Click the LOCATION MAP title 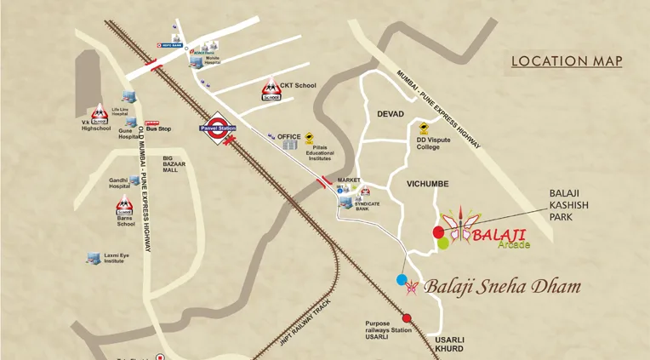click(x=566, y=61)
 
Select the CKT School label click(x=298, y=85)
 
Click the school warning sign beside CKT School click(x=271, y=89)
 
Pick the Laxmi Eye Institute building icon click(x=94, y=257)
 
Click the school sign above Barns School click(x=124, y=205)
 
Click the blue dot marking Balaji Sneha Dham click(x=402, y=279)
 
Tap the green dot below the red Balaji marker click(x=443, y=243)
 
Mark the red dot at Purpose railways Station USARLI click(x=407, y=318)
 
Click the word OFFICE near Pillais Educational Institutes click(x=290, y=137)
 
